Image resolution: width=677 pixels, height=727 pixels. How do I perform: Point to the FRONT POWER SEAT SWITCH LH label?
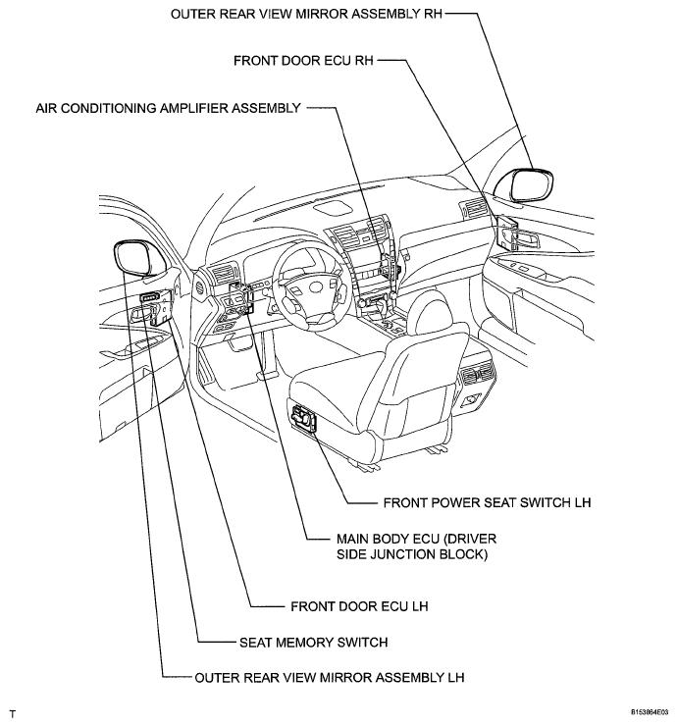tap(486, 502)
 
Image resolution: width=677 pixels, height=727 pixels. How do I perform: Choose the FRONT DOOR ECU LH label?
tap(359, 606)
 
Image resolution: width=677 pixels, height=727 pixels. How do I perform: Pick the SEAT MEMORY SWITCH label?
tap(313, 644)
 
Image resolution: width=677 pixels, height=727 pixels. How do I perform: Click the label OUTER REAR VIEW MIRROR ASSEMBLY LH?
tap(329, 677)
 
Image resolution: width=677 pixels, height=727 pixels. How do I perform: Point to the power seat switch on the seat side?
tap(305, 419)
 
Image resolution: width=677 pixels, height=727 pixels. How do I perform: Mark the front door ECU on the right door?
tap(507, 236)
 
